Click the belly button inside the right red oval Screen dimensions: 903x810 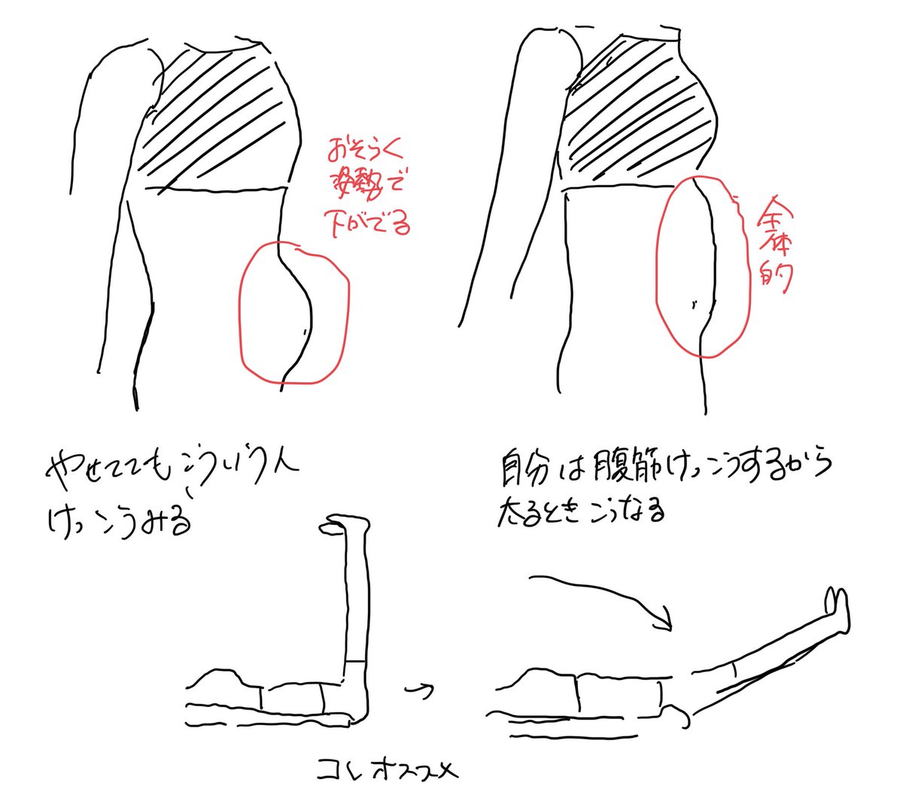point(693,305)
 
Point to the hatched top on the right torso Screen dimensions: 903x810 point(640,113)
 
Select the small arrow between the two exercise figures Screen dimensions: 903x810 point(421,689)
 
